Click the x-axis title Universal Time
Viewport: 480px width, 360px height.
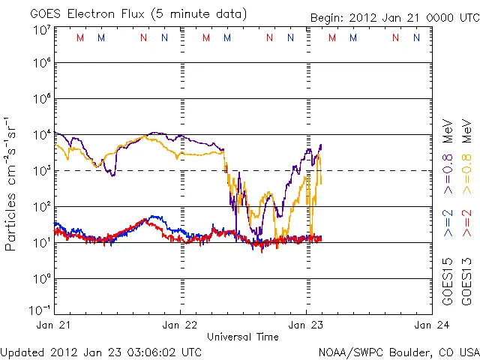pyautogui.click(x=243, y=337)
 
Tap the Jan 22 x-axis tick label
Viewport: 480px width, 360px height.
pyautogui.click(x=180, y=325)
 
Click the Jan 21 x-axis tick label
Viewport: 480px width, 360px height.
pyautogui.click(x=53, y=325)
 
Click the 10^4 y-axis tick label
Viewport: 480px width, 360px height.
pyautogui.click(x=41, y=135)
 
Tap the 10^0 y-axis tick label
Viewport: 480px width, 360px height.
pyautogui.click(x=41, y=278)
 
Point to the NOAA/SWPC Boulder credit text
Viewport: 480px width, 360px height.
pyautogui.click(x=398, y=352)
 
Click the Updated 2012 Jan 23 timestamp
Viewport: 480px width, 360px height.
pyautogui.click(x=101, y=352)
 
